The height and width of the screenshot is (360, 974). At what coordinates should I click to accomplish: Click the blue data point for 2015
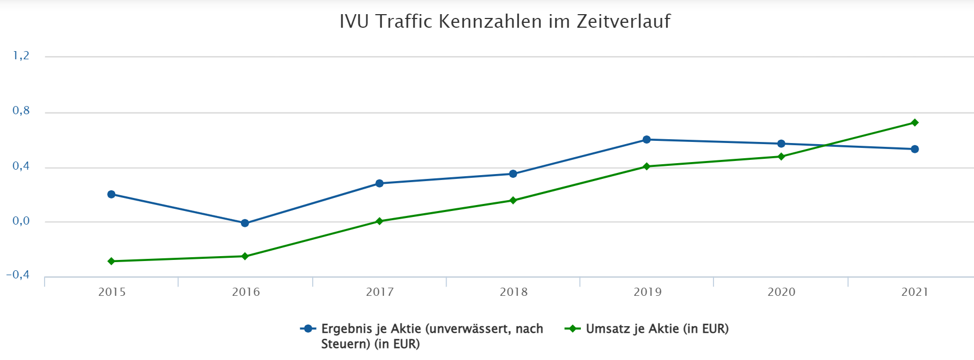[x=111, y=194]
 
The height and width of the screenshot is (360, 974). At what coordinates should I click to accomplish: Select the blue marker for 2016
[x=245, y=223]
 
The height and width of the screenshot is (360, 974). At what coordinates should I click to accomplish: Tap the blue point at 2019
[x=647, y=140]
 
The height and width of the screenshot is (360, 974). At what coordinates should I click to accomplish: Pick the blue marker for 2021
[x=915, y=149]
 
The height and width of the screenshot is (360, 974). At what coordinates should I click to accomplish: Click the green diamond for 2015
[x=111, y=262]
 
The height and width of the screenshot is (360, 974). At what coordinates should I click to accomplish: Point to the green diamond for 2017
[x=380, y=221]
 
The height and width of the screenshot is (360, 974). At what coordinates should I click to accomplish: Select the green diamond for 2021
[x=915, y=123]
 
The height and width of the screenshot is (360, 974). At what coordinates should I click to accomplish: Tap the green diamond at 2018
[x=513, y=201]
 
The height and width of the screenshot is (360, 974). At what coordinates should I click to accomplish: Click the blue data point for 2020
[x=781, y=144]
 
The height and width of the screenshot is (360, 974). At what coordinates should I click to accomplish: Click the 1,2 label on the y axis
[x=21, y=56]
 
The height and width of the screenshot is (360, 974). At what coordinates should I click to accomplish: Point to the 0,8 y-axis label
[x=21, y=111]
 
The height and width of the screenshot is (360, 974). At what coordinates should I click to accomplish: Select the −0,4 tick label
[x=18, y=275]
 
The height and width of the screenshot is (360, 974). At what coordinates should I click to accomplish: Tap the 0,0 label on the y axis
[x=21, y=221]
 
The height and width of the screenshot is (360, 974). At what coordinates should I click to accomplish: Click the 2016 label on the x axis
[x=246, y=292]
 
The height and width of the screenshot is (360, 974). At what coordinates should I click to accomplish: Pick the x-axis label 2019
[x=647, y=292]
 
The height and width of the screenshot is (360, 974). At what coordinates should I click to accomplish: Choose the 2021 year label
[x=915, y=292]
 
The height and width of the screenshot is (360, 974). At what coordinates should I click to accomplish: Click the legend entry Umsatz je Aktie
[x=656, y=329]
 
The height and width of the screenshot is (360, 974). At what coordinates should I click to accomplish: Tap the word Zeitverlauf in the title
[x=623, y=22]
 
